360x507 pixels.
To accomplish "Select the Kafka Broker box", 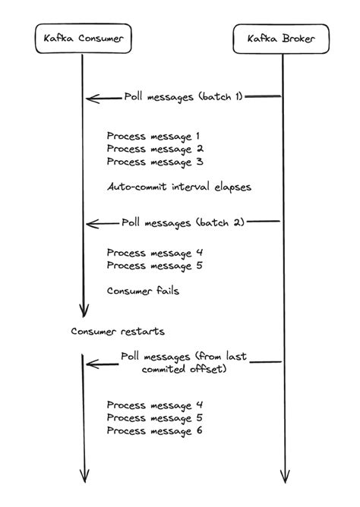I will (x=283, y=38).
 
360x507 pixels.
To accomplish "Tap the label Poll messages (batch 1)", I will (x=185, y=97).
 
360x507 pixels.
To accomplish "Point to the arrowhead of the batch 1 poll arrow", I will (x=90, y=98).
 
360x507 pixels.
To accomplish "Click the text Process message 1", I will (x=153, y=137).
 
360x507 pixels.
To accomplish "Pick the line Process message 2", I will (x=153, y=150).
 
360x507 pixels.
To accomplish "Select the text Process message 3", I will (x=153, y=162).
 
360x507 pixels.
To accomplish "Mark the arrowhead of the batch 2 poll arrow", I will (x=90, y=224).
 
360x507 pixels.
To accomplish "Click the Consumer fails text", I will (x=143, y=291).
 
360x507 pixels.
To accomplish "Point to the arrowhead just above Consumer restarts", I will (x=84, y=312).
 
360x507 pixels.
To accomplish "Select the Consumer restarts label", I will (x=117, y=332).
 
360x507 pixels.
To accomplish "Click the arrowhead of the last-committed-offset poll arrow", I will (x=90, y=364).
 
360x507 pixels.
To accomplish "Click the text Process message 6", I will (x=155, y=431).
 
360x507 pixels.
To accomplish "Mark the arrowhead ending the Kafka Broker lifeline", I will (x=284, y=477).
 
